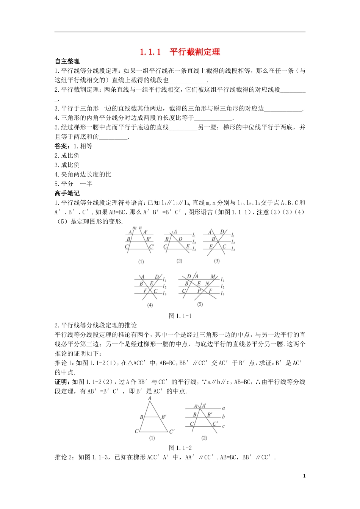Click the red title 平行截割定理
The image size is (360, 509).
coord(194,52)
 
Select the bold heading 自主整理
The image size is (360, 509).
coord(67,61)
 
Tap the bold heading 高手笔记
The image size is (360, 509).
coord(67,193)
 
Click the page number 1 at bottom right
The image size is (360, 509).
coord(304,476)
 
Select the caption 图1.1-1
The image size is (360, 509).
coord(180,316)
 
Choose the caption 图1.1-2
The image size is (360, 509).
coord(180,448)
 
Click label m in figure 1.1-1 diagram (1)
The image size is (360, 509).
coord(134,228)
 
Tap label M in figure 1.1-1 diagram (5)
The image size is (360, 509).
coord(213,277)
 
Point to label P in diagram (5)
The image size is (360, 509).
coord(199,291)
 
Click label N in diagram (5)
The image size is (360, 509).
coord(207,284)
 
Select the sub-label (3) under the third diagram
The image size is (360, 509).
coord(217,261)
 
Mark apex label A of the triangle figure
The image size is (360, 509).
coord(150,398)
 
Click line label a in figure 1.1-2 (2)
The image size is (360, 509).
coord(224,408)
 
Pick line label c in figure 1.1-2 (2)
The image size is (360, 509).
coord(224,426)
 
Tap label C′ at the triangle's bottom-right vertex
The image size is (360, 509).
coord(172,431)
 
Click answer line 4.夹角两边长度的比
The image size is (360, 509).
coord(83,174)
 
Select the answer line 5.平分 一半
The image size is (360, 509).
coord(74,184)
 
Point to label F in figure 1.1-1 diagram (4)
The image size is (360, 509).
coord(145,291)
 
